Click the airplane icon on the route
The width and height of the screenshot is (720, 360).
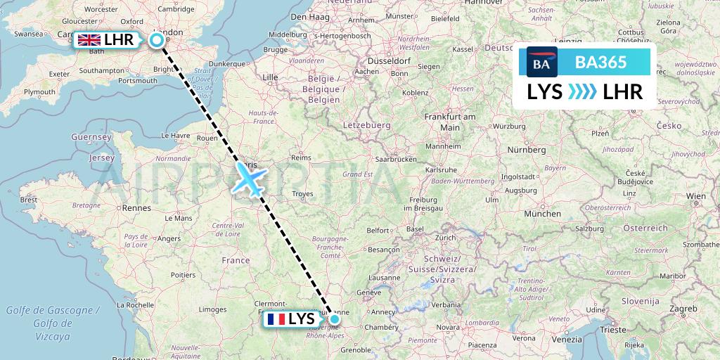pyautogui.click(x=249, y=178)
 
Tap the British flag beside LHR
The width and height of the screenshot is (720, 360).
pyautogui.click(x=89, y=40)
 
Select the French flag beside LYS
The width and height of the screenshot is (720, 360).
pyautogui.click(x=276, y=319)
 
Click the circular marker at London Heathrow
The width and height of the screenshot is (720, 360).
pyautogui.click(x=157, y=40)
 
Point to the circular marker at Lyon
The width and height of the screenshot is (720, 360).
pyautogui.click(x=335, y=320)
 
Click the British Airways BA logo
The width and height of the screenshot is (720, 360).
pyautogui.click(x=541, y=63)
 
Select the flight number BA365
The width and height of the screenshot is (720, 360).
pyautogui.click(x=600, y=63)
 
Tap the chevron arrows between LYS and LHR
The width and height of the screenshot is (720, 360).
pyautogui.click(x=582, y=92)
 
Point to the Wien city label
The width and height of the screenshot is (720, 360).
pyautogui.click(x=695, y=195)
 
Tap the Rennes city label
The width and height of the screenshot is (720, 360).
pyautogui.click(x=137, y=207)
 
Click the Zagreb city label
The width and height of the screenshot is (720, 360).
pyautogui.click(x=682, y=309)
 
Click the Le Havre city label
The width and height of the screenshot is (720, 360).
pyautogui.click(x=176, y=135)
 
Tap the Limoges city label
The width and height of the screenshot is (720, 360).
pyautogui.click(x=212, y=309)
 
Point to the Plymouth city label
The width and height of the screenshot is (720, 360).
pyautogui.click(x=39, y=92)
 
